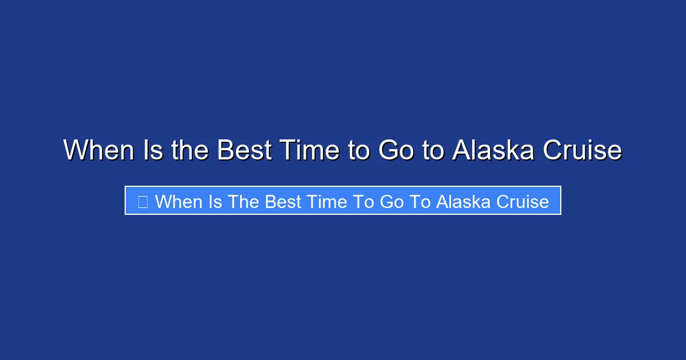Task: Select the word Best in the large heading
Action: click(x=244, y=150)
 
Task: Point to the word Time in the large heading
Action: click(x=309, y=150)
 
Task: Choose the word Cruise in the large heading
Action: click(x=582, y=150)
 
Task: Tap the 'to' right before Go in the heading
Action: click(x=360, y=150)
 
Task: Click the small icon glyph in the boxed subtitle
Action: click(x=143, y=201)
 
